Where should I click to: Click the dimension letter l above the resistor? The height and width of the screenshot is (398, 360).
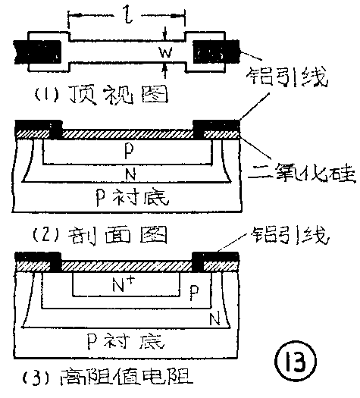tap(127, 14)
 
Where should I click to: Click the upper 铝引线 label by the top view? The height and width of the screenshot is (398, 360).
tap(290, 78)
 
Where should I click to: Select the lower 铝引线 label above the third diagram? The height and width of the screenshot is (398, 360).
tap(289, 237)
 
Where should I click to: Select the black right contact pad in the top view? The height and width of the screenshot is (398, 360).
tap(218, 52)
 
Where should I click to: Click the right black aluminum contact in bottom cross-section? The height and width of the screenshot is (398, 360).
tap(218, 259)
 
